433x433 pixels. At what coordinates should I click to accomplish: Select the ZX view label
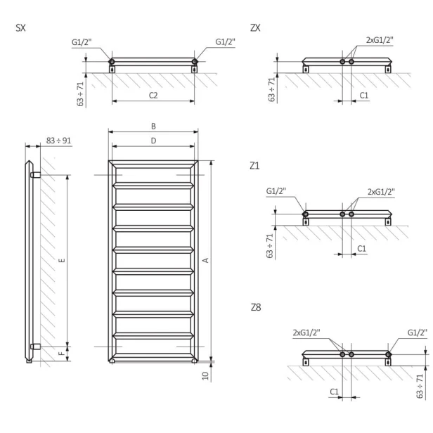pos(256,28)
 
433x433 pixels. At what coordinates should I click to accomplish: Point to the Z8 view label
pos(256,309)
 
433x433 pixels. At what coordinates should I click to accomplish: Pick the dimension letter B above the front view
pos(153,127)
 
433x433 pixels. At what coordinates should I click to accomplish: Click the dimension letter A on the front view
pos(205,260)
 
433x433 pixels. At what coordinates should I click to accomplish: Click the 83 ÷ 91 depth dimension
pos(58,141)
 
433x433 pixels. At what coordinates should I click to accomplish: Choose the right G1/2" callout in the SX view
pos(226,43)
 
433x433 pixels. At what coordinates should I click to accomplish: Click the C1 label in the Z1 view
pos(362,248)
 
